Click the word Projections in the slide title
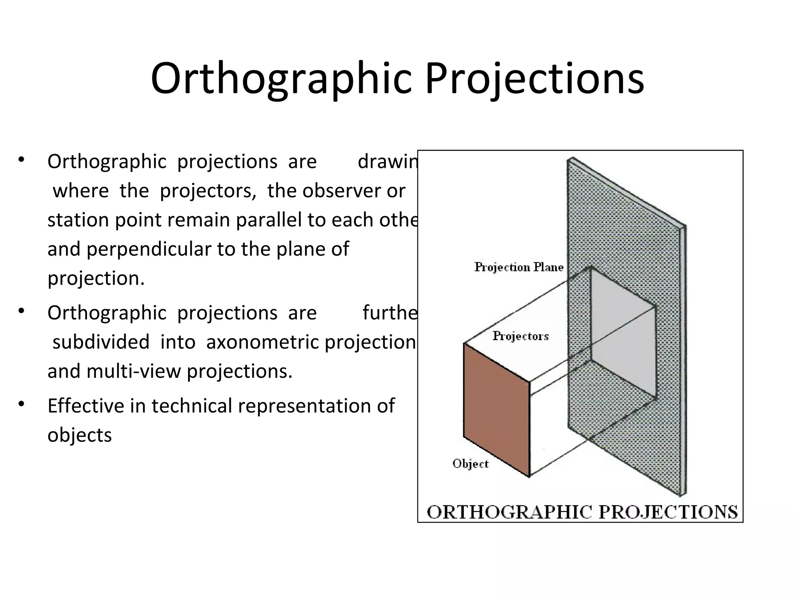[534, 79]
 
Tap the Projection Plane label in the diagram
[518, 267]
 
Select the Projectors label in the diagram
[520, 336]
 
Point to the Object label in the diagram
[470, 464]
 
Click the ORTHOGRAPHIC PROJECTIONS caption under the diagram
[582, 511]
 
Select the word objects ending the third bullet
[80, 435]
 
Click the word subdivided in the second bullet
[101, 342]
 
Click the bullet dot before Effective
[21, 404]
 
